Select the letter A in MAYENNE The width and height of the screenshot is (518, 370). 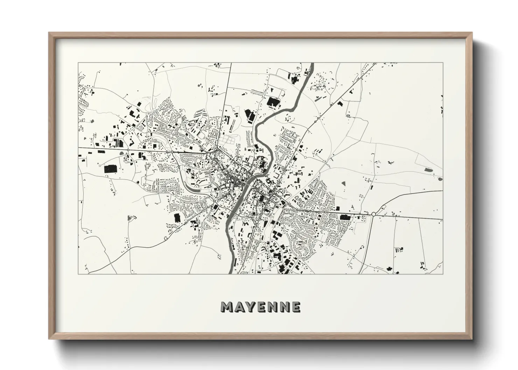click(239, 307)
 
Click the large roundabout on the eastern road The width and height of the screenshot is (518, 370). click(373, 214)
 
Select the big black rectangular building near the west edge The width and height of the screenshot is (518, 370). click(111, 169)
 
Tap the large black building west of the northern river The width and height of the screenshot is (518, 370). click(273, 102)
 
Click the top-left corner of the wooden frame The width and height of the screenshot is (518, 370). click(49, 33)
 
